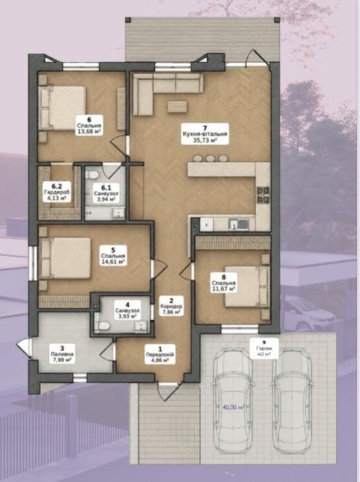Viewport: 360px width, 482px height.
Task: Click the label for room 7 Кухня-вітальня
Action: click(x=205, y=134)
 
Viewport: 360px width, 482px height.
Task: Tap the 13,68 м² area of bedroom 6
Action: click(x=89, y=132)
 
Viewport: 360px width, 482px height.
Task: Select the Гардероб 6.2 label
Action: click(x=56, y=191)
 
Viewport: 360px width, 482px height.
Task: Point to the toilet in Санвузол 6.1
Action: click(x=92, y=175)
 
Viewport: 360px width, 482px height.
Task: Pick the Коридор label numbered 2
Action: click(x=171, y=306)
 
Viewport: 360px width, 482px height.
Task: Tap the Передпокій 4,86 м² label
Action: click(x=160, y=355)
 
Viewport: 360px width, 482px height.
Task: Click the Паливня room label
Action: click(x=63, y=354)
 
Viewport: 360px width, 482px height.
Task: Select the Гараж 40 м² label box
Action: click(x=264, y=349)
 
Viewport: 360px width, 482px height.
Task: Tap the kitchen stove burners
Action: click(x=263, y=196)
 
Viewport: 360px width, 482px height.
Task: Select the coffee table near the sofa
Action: click(x=177, y=106)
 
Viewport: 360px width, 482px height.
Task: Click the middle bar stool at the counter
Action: click(x=210, y=158)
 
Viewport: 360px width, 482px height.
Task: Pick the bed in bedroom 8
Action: click(x=246, y=286)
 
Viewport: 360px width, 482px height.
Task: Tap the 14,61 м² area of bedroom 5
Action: click(x=113, y=262)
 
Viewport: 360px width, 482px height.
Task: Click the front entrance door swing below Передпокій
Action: click(x=168, y=391)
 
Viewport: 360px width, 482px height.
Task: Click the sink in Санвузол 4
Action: click(x=142, y=326)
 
